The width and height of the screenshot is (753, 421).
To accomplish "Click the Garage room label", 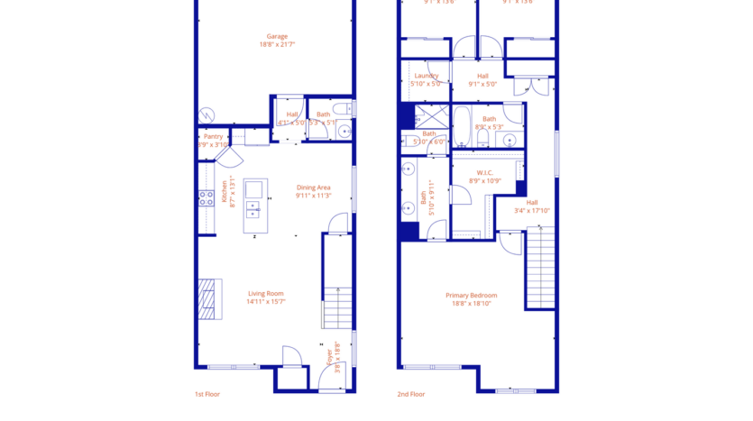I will click(277, 37).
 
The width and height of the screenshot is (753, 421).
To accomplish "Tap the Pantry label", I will click(213, 136).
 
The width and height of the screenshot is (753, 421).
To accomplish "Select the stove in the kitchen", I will click(207, 195).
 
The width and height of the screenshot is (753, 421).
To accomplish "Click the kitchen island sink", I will click(253, 189).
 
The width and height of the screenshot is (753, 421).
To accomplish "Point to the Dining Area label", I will click(314, 188).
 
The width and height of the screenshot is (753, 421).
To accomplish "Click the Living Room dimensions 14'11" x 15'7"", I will click(266, 302).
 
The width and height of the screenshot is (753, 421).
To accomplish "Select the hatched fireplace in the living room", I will click(209, 299).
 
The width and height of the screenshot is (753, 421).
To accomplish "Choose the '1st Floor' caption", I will click(207, 394).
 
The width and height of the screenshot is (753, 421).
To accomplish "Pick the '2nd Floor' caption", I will click(411, 394).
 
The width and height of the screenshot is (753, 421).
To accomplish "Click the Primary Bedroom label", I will click(471, 295).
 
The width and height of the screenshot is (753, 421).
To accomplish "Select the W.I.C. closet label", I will click(484, 172).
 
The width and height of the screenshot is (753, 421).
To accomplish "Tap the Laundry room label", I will click(426, 76).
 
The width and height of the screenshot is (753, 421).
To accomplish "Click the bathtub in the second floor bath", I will click(461, 127).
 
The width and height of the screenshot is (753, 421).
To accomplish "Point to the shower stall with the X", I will click(431, 114).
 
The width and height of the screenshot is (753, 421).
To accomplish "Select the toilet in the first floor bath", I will click(344, 132).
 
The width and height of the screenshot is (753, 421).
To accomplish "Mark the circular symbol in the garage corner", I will click(207, 114).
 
